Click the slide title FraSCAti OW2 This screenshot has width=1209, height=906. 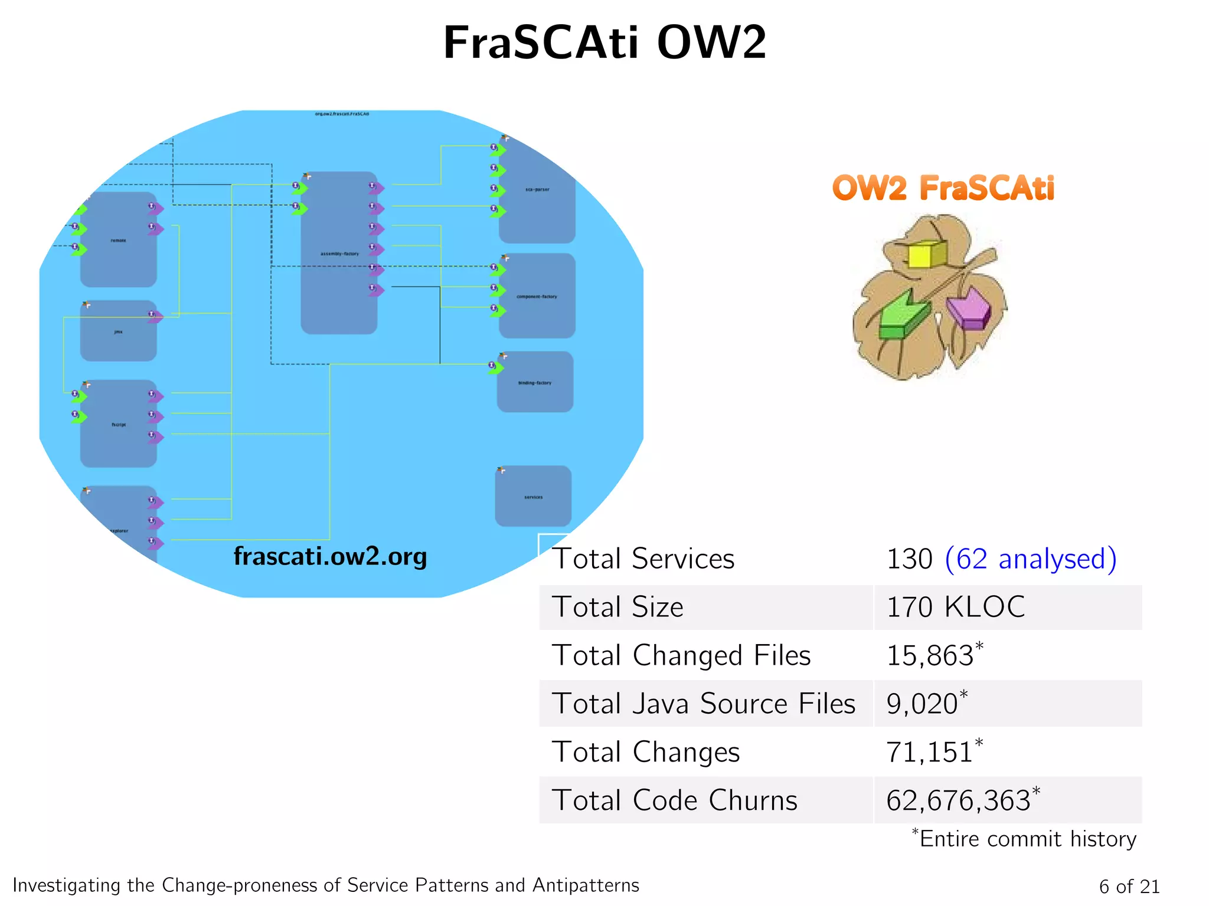(604, 42)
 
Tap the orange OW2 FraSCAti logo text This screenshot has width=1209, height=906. (943, 188)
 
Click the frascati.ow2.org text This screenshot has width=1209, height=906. (330, 556)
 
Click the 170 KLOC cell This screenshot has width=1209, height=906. (955, 607)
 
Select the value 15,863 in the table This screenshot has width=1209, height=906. (930, 655)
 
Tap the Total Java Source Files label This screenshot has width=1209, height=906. (703, 704)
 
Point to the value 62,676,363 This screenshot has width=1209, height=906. (958, 800)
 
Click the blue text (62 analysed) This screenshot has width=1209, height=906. (1031, 559)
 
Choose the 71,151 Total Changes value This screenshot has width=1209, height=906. (929, 752)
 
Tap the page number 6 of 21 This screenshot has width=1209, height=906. (1129, 886)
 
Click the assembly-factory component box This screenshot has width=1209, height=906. (339, 254)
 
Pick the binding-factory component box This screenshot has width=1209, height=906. (535, 382)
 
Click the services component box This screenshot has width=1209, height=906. (533, 497)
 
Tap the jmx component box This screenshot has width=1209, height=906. (118, 331)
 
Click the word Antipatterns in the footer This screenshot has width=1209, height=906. (586, 885)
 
